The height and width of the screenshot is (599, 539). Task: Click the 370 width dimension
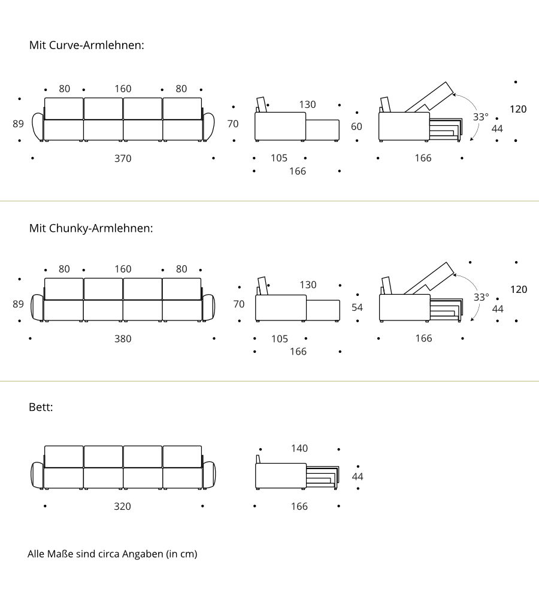pos(123,158)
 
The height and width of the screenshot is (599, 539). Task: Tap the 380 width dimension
pos(123,338)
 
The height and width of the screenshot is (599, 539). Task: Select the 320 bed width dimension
pos(122,506)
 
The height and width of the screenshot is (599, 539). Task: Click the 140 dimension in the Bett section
pos(299,448)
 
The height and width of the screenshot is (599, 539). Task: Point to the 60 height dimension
pos(356,126)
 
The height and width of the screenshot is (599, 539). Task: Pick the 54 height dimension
pos(357,307)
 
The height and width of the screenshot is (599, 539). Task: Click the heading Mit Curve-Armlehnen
pos(87,45)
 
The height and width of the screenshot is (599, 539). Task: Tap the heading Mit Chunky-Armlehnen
pos(91,228)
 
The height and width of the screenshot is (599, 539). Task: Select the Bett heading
pos(41,407)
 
